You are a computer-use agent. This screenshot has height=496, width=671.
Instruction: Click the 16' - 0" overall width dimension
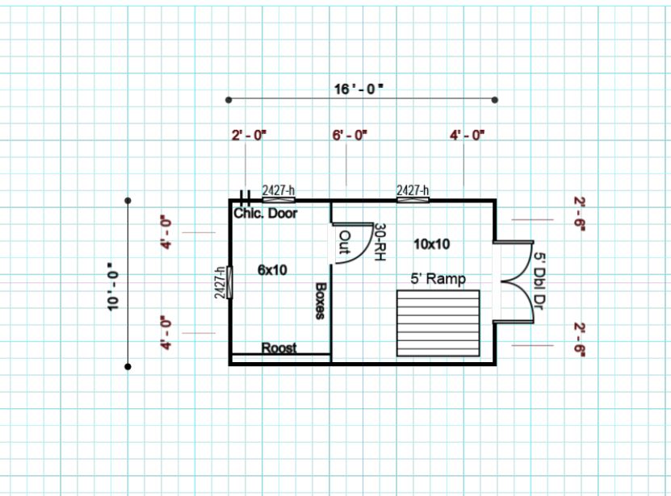click(x=359, y=89)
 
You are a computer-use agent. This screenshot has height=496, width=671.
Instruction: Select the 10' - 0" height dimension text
click(x=113, y=286)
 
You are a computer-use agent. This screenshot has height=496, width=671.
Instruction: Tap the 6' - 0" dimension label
click(x=350, y=135)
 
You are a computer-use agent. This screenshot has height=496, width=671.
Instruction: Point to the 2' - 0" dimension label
click(x=249, y=135)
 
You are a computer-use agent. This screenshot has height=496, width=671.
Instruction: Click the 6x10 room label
click(x=272, y=270)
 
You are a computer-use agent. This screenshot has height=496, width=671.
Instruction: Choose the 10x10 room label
click(x=431, y=244)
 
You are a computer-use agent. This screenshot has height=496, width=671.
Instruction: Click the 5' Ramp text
click(x=438, y=279)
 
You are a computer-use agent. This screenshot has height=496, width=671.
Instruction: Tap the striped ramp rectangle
click(x=438, y=323)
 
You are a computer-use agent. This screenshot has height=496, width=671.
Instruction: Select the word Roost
click(x=279, y=348)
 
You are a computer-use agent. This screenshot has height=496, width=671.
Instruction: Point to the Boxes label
click(x=321, y=301)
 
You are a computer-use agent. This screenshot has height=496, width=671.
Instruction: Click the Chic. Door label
click(x=266, y=213)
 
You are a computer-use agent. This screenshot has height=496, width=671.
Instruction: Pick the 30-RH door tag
click(x=380, y=242)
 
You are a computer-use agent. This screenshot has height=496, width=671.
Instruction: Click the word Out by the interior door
click(x=345, y=243)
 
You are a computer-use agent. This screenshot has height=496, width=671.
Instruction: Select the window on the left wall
click(x=229, y=282)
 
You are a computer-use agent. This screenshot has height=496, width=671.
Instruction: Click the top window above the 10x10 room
click(x=413, y=199)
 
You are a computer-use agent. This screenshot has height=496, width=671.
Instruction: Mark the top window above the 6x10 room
click(x=279, y=199)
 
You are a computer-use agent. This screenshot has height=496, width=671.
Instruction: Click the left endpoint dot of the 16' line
click(x=229, y=100)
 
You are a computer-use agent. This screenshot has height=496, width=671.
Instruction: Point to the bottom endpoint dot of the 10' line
click(x=128, y=366)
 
